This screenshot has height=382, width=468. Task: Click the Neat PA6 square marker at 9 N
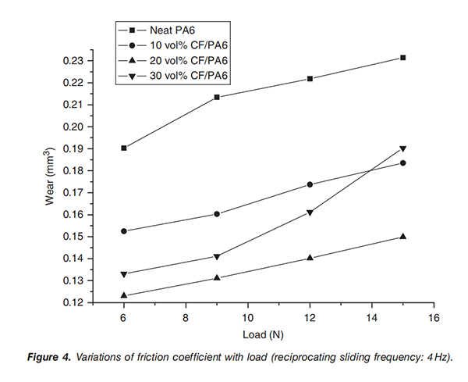click(x=217, y=97)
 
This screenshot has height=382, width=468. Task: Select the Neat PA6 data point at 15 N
click(x=403, y=58)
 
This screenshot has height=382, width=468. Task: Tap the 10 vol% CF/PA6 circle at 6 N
click(x=124, y=231)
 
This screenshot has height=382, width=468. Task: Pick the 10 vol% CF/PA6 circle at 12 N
click(x=310, y=184)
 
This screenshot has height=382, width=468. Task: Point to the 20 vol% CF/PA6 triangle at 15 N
click(x=403, y=236)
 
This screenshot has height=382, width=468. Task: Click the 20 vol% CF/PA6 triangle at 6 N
click(x=124, y=295)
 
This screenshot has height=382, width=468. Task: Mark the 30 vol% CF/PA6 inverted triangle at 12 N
click(x=310, y=212)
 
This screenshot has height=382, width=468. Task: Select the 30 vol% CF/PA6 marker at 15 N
click(x=403, y=149)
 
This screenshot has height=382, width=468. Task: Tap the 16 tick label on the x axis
click(x=434, y=317)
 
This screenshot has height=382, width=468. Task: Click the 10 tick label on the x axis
click(x=248, y=317)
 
